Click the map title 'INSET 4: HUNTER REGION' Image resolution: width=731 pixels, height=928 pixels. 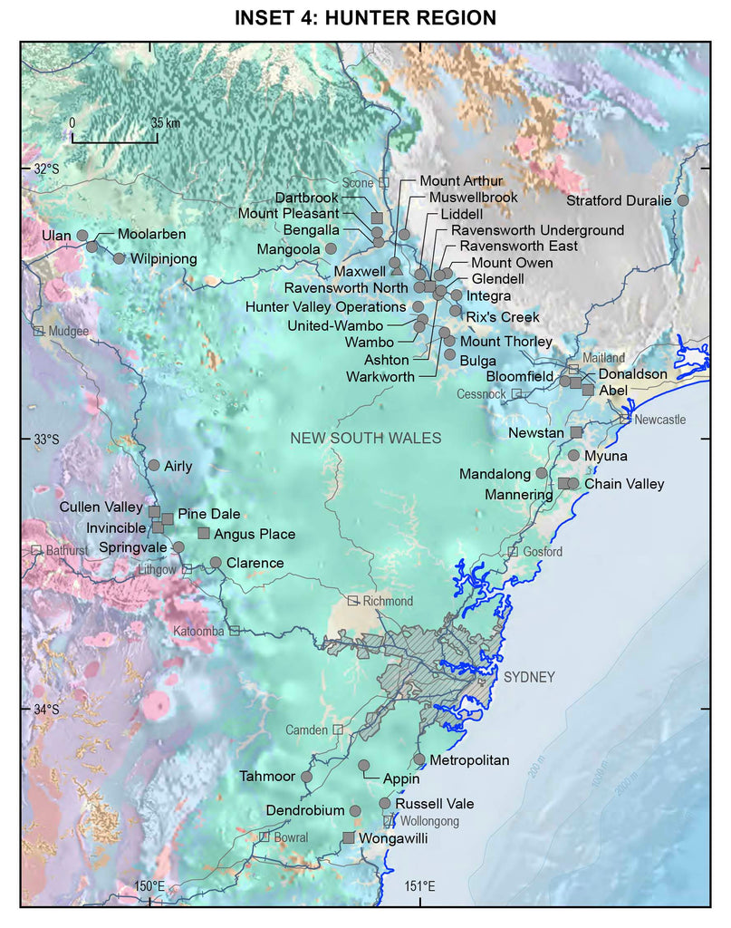[x=365, y=17]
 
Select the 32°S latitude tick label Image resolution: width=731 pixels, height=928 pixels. [x=45, y=169]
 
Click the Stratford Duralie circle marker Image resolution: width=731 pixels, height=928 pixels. [x=682, y=199]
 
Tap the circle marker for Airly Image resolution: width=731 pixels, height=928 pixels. [x=153, y=465]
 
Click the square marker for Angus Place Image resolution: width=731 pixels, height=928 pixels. [x=204, y=533]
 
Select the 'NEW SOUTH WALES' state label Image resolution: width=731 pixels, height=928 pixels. [x=365, y=439]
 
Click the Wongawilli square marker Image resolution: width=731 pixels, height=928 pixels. [x=349, y=837]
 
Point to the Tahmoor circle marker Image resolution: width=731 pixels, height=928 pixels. [x=306, y=777]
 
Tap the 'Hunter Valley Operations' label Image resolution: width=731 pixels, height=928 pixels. [x=327, y=307]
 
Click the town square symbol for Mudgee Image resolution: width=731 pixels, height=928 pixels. [x=39, y=331]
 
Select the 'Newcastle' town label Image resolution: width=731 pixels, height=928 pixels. [x=659, y=420]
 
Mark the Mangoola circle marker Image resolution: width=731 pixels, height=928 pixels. [x=331, y=247]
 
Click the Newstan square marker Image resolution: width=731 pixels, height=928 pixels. [x=576, y=432]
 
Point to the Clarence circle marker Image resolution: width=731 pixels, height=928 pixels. [x=216, y=562]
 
